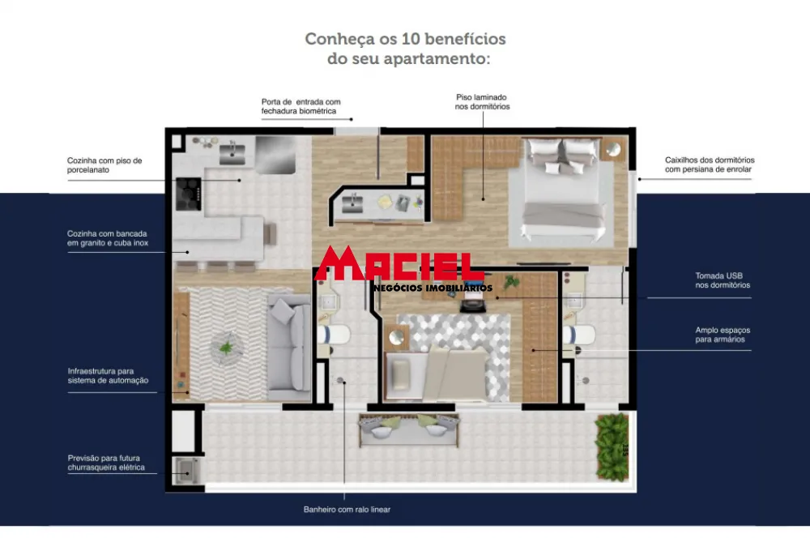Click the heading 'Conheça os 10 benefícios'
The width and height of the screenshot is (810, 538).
405,39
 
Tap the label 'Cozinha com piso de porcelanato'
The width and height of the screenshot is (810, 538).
104,164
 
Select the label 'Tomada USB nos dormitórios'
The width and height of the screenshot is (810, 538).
722,280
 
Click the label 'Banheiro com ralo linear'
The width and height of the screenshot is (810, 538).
347,510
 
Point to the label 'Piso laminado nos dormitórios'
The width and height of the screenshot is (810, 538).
482,101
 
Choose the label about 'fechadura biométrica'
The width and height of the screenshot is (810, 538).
299,106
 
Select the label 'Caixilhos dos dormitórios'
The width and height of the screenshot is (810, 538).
709,164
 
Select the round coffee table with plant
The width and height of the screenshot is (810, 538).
225,348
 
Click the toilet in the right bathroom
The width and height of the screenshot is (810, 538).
579,335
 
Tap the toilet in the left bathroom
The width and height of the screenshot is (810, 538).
333,335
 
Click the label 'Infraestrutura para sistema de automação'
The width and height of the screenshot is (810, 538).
108,375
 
